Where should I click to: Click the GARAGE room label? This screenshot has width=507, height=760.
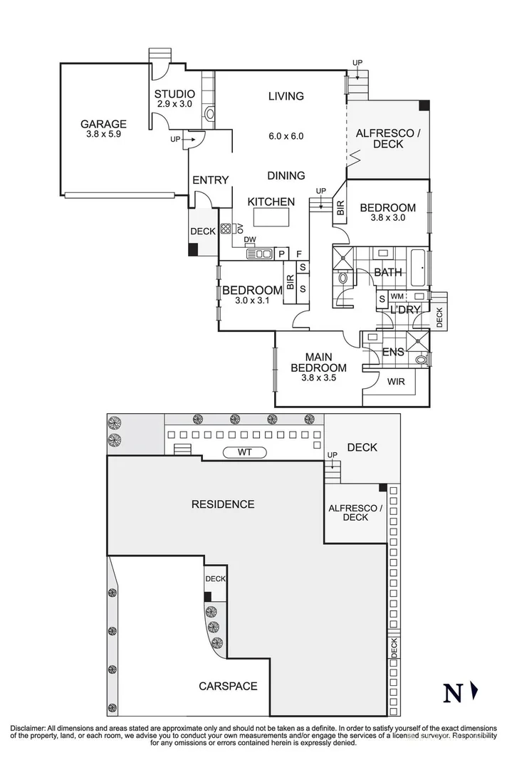tap(103, 123)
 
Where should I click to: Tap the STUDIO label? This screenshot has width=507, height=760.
tap(174, 93)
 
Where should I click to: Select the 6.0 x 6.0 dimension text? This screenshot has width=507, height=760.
tap(286, 136)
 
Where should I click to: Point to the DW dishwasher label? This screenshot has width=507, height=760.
tap(249, 240)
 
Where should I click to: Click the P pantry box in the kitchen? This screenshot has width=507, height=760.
tap(281, 254)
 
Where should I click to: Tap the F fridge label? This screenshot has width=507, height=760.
tap(299, 254)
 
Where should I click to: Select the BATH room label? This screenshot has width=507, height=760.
tap(388, 272)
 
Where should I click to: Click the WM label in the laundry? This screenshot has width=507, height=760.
tap(397, 296)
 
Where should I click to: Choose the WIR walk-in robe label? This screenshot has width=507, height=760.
tap(396, 382)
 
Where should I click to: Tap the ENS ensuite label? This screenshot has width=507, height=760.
tap(393, 352)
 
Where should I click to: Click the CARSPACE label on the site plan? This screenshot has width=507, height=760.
tap(228, 686)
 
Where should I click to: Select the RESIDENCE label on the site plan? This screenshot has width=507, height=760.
tap(223, 504)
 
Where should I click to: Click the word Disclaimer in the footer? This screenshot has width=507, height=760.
tap(27, 728)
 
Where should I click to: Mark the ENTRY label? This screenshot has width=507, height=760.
tap(211, 180)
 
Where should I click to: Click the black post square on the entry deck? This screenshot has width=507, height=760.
tap(193, 249)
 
